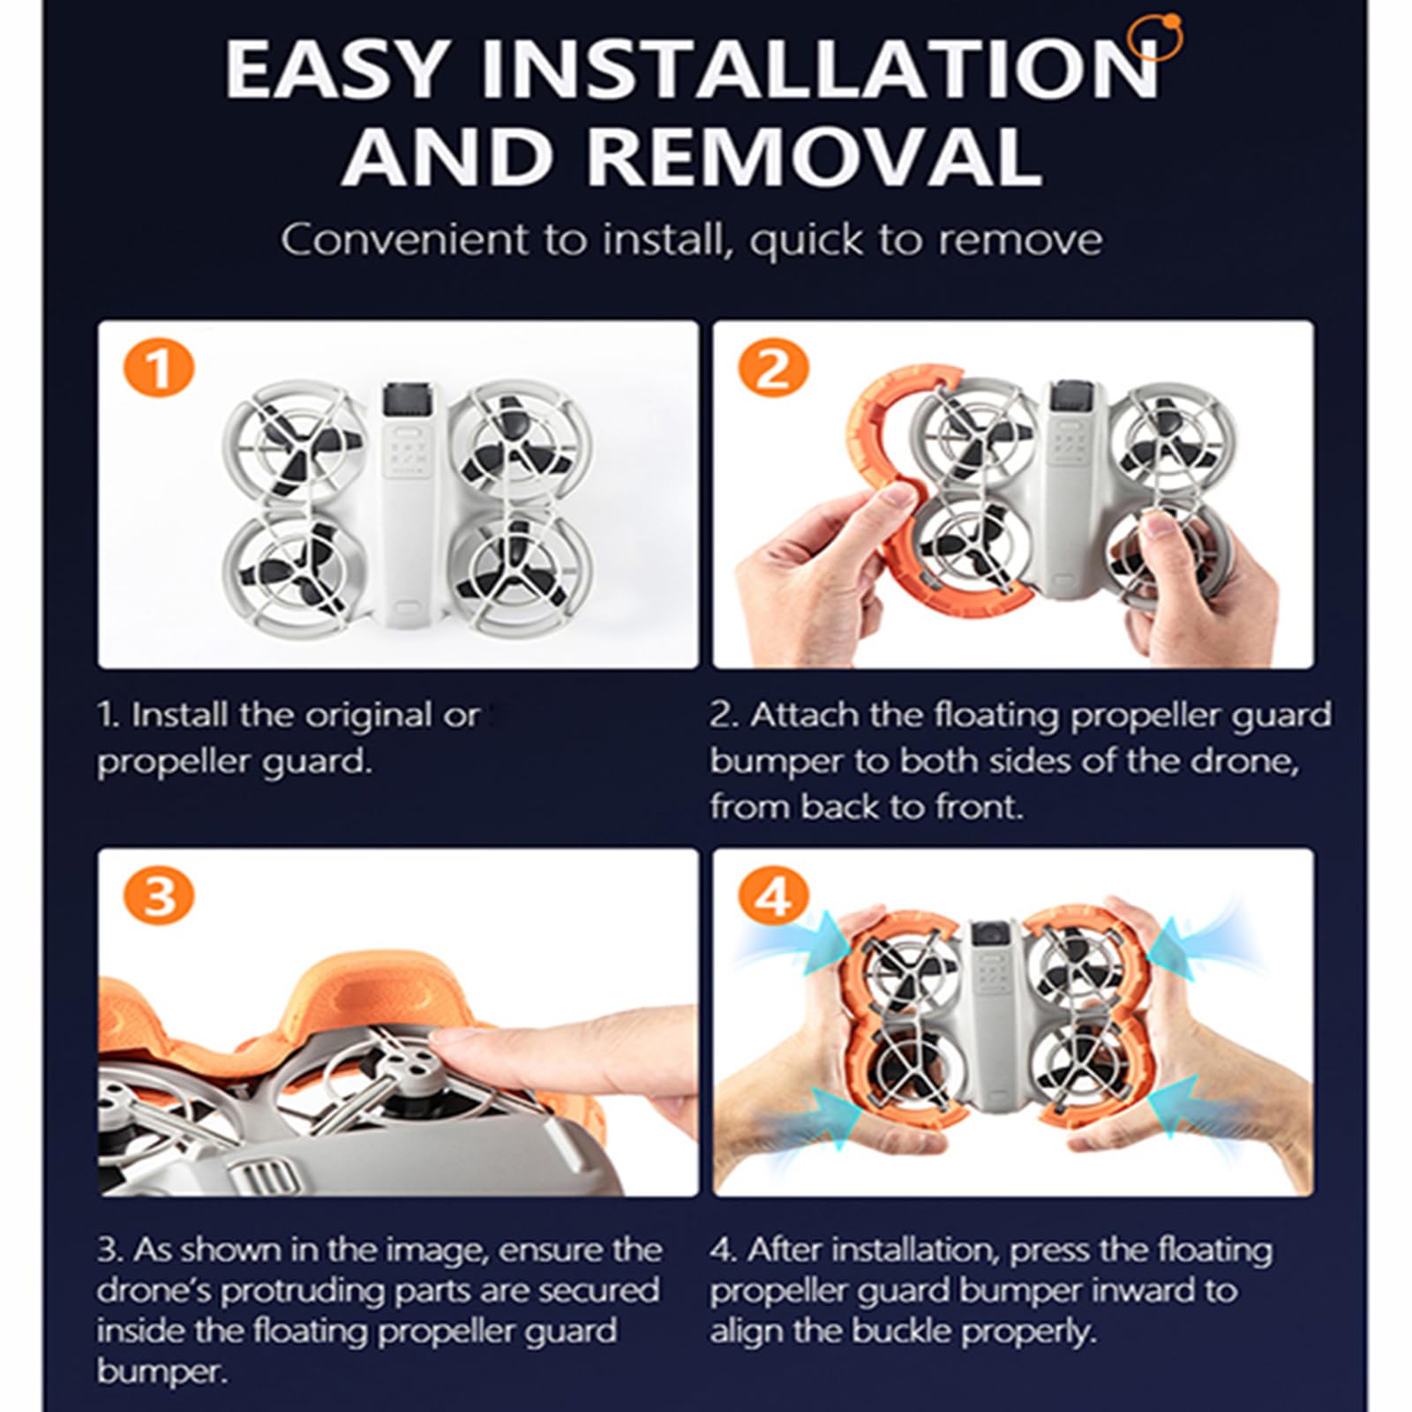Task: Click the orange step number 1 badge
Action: [x=159, y=369]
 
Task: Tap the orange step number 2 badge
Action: [x=772, y=369]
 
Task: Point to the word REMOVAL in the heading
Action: [x=814, y=156]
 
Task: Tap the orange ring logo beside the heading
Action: [x=1158, y=39]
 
